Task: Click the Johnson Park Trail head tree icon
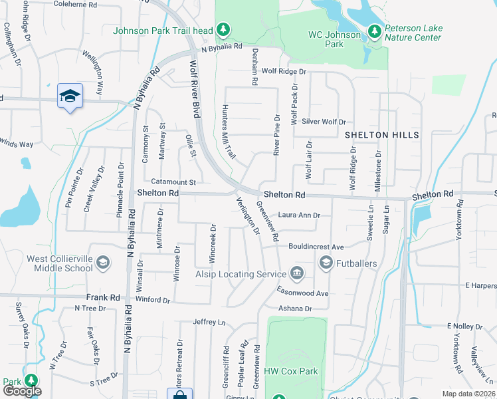[224, 29]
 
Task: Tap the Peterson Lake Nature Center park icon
[375, 30]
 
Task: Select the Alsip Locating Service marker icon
[296, 273]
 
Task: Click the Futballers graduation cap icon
[326, 263]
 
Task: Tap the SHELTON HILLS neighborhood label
[382, 135]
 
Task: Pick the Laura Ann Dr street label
[299, 215]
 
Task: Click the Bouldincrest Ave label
[316, 246]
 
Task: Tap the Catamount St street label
[173, 182]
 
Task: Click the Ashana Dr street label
[295, 309]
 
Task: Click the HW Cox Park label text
[291, 371]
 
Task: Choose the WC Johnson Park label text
[334, 39]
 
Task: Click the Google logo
[22, 391]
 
